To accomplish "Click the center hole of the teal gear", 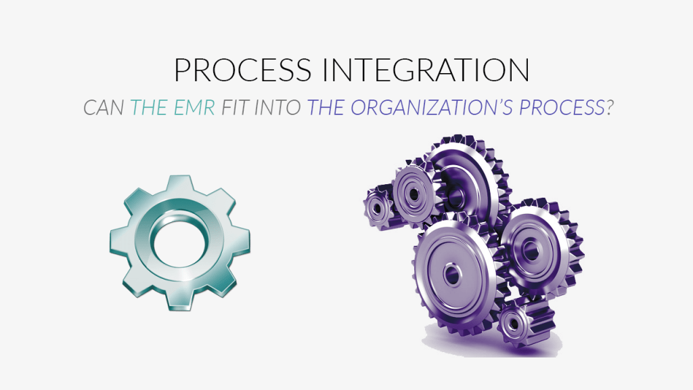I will [177, 242].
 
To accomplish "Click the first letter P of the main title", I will [182, 70].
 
